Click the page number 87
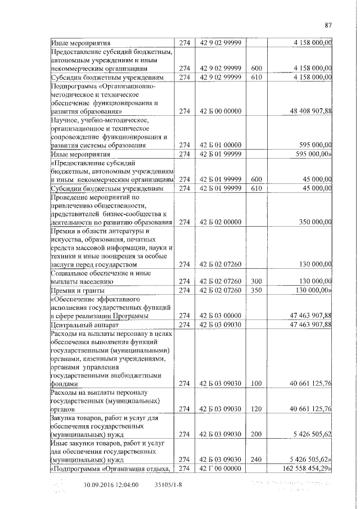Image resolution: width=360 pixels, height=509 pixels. coord(329,24)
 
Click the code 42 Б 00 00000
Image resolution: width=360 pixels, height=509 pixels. coord(220,111)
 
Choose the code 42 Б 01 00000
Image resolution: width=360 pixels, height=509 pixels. coord(220,145)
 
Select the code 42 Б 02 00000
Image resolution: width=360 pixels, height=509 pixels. coord(220,222)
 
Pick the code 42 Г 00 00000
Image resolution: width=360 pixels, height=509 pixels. coord(220,468)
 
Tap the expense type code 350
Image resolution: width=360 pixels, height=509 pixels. coord(256,290)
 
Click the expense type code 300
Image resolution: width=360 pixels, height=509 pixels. coord(256,281)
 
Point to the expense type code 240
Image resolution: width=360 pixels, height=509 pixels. coord(256,459)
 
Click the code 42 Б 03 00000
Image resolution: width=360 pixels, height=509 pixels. coord(220,316)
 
